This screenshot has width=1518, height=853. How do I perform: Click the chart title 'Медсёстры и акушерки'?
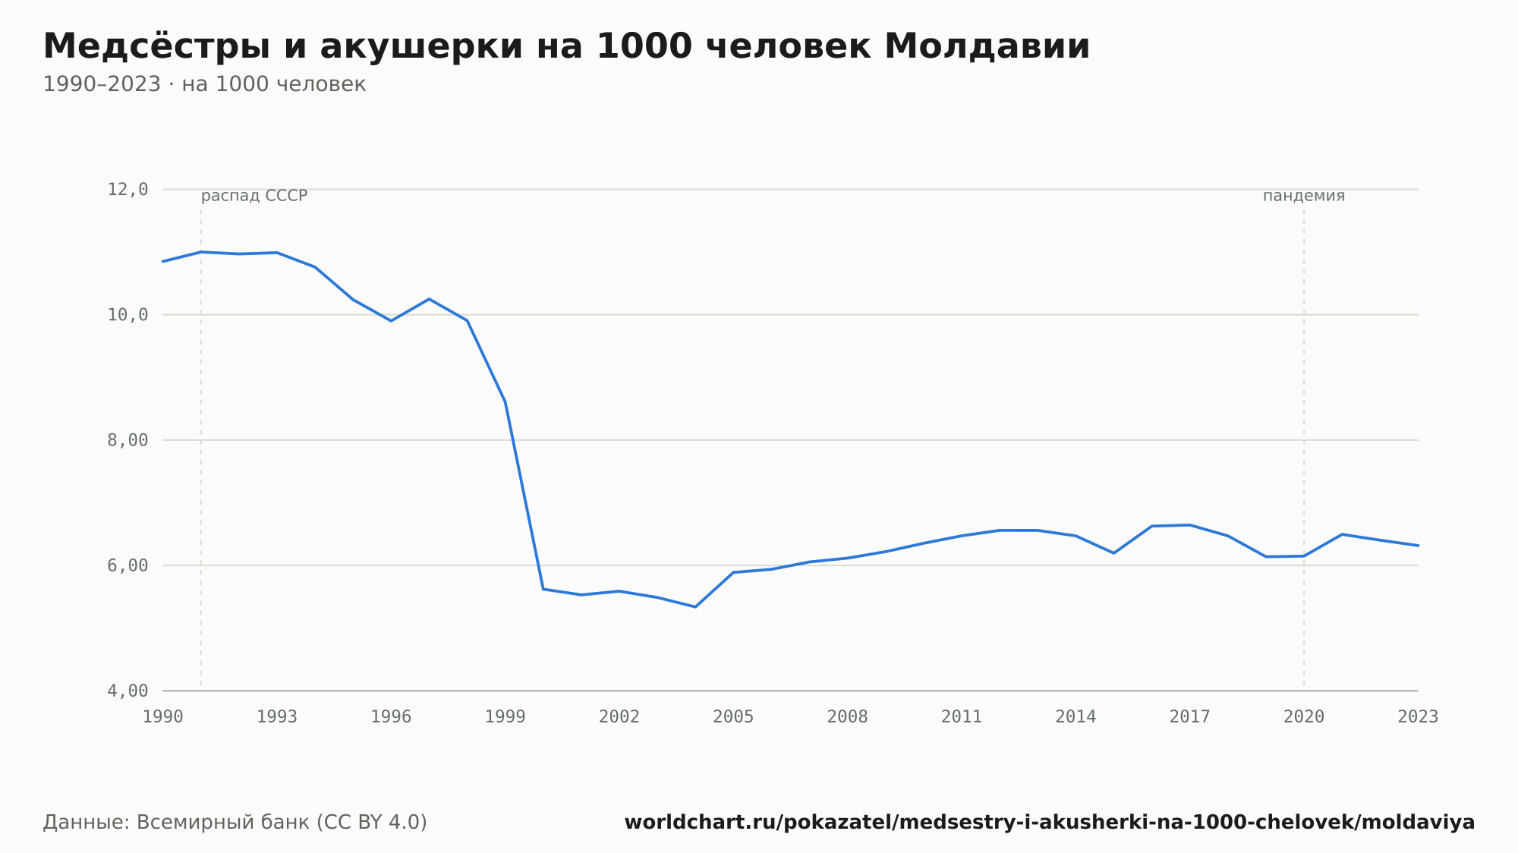pyautogui.click(x=283, y=46)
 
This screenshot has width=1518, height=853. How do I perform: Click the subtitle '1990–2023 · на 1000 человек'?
pyautogui.click(x=204, y=84)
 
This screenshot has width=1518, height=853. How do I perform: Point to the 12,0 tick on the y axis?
pyautogui.click(x=128, y=190)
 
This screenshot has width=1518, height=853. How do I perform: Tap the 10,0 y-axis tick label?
pyautogui.click(x=128, y=315)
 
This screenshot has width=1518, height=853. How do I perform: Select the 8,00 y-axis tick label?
pyautogui.click(x=128, y=440)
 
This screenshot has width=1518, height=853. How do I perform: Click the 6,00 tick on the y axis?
pyautogui.click(x=128, y=565)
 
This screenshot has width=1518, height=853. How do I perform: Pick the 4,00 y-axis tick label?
pyautogui.click(x=128, y=691)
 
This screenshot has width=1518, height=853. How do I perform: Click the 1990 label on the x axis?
pyautogui.click(x=163, y=717)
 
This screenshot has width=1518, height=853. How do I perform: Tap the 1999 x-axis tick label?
pyautogui.click(x=505, y=717)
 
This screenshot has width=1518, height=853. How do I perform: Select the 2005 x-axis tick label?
pyautogui.click(x=733, y=717)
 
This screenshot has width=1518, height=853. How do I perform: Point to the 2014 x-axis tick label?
pyautogui.click(x=1076, y=717)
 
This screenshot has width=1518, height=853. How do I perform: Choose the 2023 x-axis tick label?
pyautogui.click(x=1418, y=717)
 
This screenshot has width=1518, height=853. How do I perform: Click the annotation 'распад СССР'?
pyautogui.click(x=254, y=196)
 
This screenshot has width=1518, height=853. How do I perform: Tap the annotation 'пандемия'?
pyautogui.click(x=1304, y=196)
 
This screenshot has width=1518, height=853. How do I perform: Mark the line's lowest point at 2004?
pyautogui.click(x=695, y=606)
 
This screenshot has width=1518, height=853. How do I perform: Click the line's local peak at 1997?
pyautogui.click(x=429, y=299)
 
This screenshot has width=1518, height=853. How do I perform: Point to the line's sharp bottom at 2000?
pyautogui.click(x=543, y=589)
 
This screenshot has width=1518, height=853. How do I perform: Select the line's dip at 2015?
pyautogui.click(x=1113, y=553)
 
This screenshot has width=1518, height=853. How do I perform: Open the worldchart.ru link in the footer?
pyautogui.click(x=1050, y=823)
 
